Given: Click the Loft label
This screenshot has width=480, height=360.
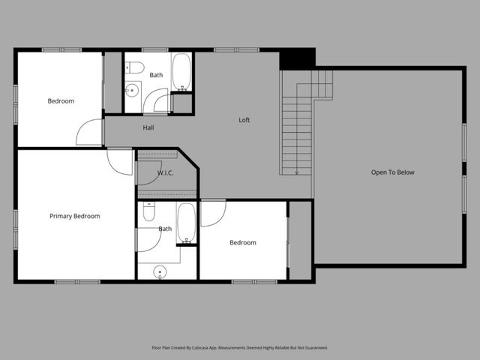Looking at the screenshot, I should [x=244, y=120].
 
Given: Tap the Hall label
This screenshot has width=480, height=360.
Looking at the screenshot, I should [x=148, y=127].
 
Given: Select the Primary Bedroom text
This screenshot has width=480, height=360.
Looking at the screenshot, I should [x=75, y=216].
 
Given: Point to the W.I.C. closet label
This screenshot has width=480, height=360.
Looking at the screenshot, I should [x=166, y=173].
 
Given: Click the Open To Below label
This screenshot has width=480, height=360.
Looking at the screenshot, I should [x=392, y=172].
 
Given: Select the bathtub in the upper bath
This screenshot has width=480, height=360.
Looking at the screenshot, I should [x=181, y=71].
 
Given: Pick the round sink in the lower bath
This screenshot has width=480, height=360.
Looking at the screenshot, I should [x=159, y=271].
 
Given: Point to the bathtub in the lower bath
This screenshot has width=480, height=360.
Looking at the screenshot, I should [x=186, y=223].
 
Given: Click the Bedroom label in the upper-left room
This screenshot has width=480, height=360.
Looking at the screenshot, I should [x=61, y=101].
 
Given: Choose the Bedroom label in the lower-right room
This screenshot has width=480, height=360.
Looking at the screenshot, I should [x=242, y=242].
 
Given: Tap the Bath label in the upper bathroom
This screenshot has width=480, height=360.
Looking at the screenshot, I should [x=156, y=75].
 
